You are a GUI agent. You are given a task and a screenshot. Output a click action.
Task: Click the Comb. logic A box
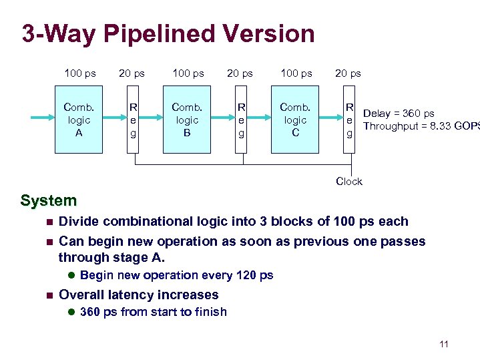tap(79, 120)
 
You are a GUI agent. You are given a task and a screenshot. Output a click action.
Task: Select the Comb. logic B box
tap(188, 120)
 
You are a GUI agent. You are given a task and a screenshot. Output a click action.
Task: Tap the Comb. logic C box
tap(295, 120)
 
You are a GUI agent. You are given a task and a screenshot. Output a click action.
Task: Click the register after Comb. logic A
tap(134, 120)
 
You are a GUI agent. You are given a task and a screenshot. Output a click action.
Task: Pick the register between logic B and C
tap(242, 120)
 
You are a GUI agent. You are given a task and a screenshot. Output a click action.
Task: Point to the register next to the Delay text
tap(348, 120)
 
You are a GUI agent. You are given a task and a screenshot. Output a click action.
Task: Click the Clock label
tap(348, 181)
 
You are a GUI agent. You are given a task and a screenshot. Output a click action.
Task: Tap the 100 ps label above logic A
tap(79, 73)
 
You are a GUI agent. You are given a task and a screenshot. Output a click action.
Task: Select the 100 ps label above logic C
tap(296, 73)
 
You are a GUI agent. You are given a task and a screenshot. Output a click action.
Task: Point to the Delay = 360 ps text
tap(399, 114)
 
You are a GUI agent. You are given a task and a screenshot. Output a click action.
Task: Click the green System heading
tap(49, 200)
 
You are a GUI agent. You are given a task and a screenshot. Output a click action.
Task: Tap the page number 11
tap(444, 344)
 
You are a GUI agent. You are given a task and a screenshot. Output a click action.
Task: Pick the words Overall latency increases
tap(138, 295)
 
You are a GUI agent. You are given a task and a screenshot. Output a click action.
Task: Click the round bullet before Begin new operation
tap(70, 275)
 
